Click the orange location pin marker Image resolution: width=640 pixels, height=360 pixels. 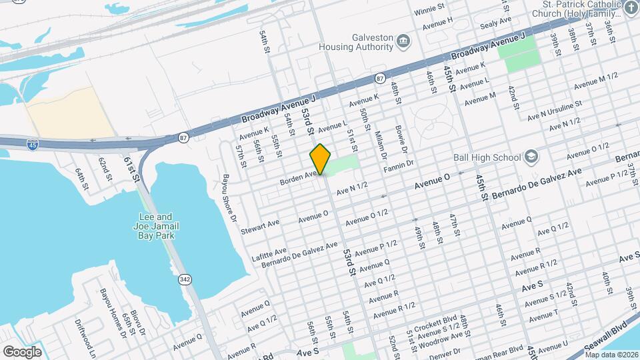tap(320, 159)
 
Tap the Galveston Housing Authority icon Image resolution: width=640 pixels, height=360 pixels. tap(403, 42)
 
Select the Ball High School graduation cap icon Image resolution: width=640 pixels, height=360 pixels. tap(531, 157)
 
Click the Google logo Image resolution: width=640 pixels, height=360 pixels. tap(23, 351)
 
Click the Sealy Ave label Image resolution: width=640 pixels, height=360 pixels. tap(496, 21)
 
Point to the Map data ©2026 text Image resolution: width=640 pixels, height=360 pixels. tap(613, 355)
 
